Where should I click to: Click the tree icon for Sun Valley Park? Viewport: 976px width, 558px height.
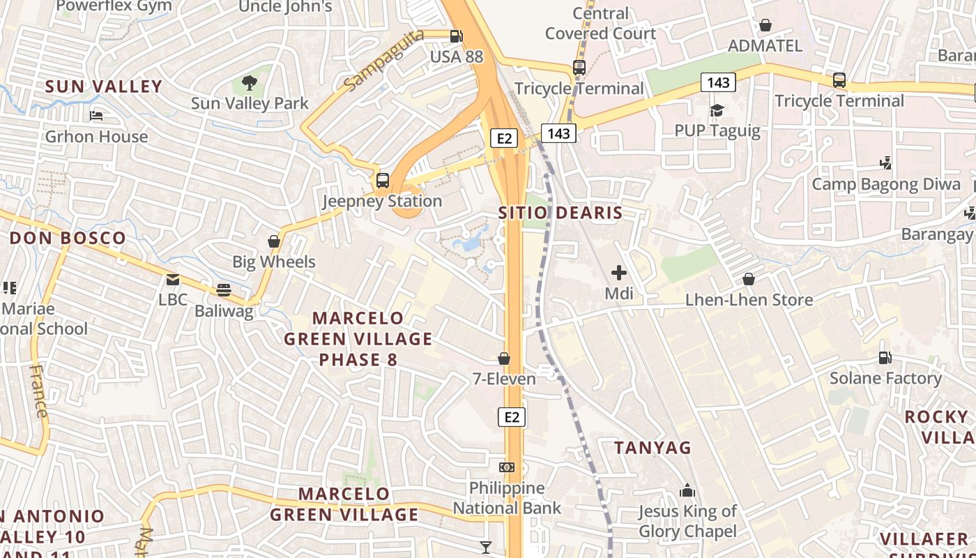point(250,84)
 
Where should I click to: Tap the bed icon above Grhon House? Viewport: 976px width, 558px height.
point(96,116)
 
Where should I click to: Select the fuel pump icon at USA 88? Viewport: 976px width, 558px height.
point(456,36)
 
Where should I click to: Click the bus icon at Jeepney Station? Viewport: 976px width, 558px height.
point(382,181)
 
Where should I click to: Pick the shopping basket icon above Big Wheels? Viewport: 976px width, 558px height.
point(274,242)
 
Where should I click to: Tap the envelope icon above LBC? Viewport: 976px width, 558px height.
point(172,280)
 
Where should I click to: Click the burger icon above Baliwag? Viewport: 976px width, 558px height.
point(223,289)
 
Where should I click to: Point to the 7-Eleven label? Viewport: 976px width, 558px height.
point(504,379)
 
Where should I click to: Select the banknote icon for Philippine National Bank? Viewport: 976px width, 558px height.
point(507,467)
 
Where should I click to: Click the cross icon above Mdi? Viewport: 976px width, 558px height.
point(618,273)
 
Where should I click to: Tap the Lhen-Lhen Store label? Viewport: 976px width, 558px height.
point(749,300)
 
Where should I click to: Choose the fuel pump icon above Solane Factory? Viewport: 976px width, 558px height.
point(885,358)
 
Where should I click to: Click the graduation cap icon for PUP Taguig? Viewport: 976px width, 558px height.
point(717,110)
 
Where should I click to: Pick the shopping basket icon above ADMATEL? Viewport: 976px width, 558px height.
point(765,26)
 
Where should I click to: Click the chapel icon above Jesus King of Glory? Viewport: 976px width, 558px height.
point(687,491)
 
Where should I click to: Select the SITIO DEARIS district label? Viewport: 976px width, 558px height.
point(561,213)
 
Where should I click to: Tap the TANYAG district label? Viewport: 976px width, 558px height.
point(653,448)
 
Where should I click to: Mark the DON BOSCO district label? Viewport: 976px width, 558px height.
point(68,238)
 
